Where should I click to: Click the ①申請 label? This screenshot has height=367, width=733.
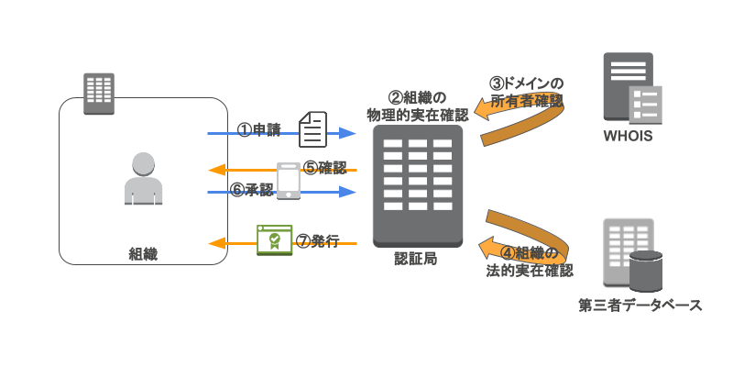pos(259,129)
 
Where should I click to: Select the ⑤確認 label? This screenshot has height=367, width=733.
pos(325,168)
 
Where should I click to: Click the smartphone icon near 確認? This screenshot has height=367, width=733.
pos(289,181)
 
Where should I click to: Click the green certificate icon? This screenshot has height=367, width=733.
pos(274,239)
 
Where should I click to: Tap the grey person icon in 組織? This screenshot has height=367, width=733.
pos(143,178)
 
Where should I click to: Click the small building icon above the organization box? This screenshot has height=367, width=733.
pos(98,93)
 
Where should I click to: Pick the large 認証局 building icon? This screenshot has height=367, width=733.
pos(418,183)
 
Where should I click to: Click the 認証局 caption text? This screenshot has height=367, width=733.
pos(416,259)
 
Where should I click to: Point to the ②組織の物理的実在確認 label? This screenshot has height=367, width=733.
pos(417,106)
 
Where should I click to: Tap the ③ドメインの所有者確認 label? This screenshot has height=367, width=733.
pos(526,90)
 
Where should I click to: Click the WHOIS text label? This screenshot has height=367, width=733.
pos(628,138)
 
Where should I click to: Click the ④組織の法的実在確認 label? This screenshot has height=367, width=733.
pos(529,261)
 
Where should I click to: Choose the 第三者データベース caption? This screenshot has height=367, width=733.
pos(640,305)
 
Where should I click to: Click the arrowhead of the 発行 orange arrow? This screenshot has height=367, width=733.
pos(215,243)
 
